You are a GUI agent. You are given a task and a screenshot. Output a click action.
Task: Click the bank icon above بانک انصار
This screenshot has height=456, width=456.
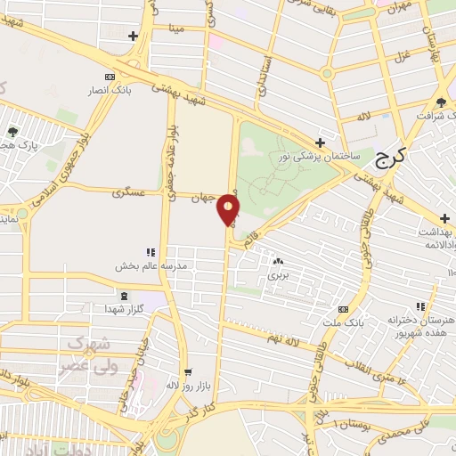point(110,76)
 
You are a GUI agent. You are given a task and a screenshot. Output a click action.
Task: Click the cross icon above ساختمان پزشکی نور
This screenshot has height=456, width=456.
point(320,142)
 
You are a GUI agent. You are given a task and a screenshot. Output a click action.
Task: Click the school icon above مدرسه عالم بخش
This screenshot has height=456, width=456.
point(151,253)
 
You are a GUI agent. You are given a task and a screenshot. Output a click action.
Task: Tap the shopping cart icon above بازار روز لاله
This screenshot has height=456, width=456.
point(187,373)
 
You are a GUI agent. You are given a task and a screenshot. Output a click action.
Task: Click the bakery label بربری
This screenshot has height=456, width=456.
point(280,275)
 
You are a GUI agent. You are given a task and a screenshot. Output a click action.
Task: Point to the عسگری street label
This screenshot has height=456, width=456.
point(129,192)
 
